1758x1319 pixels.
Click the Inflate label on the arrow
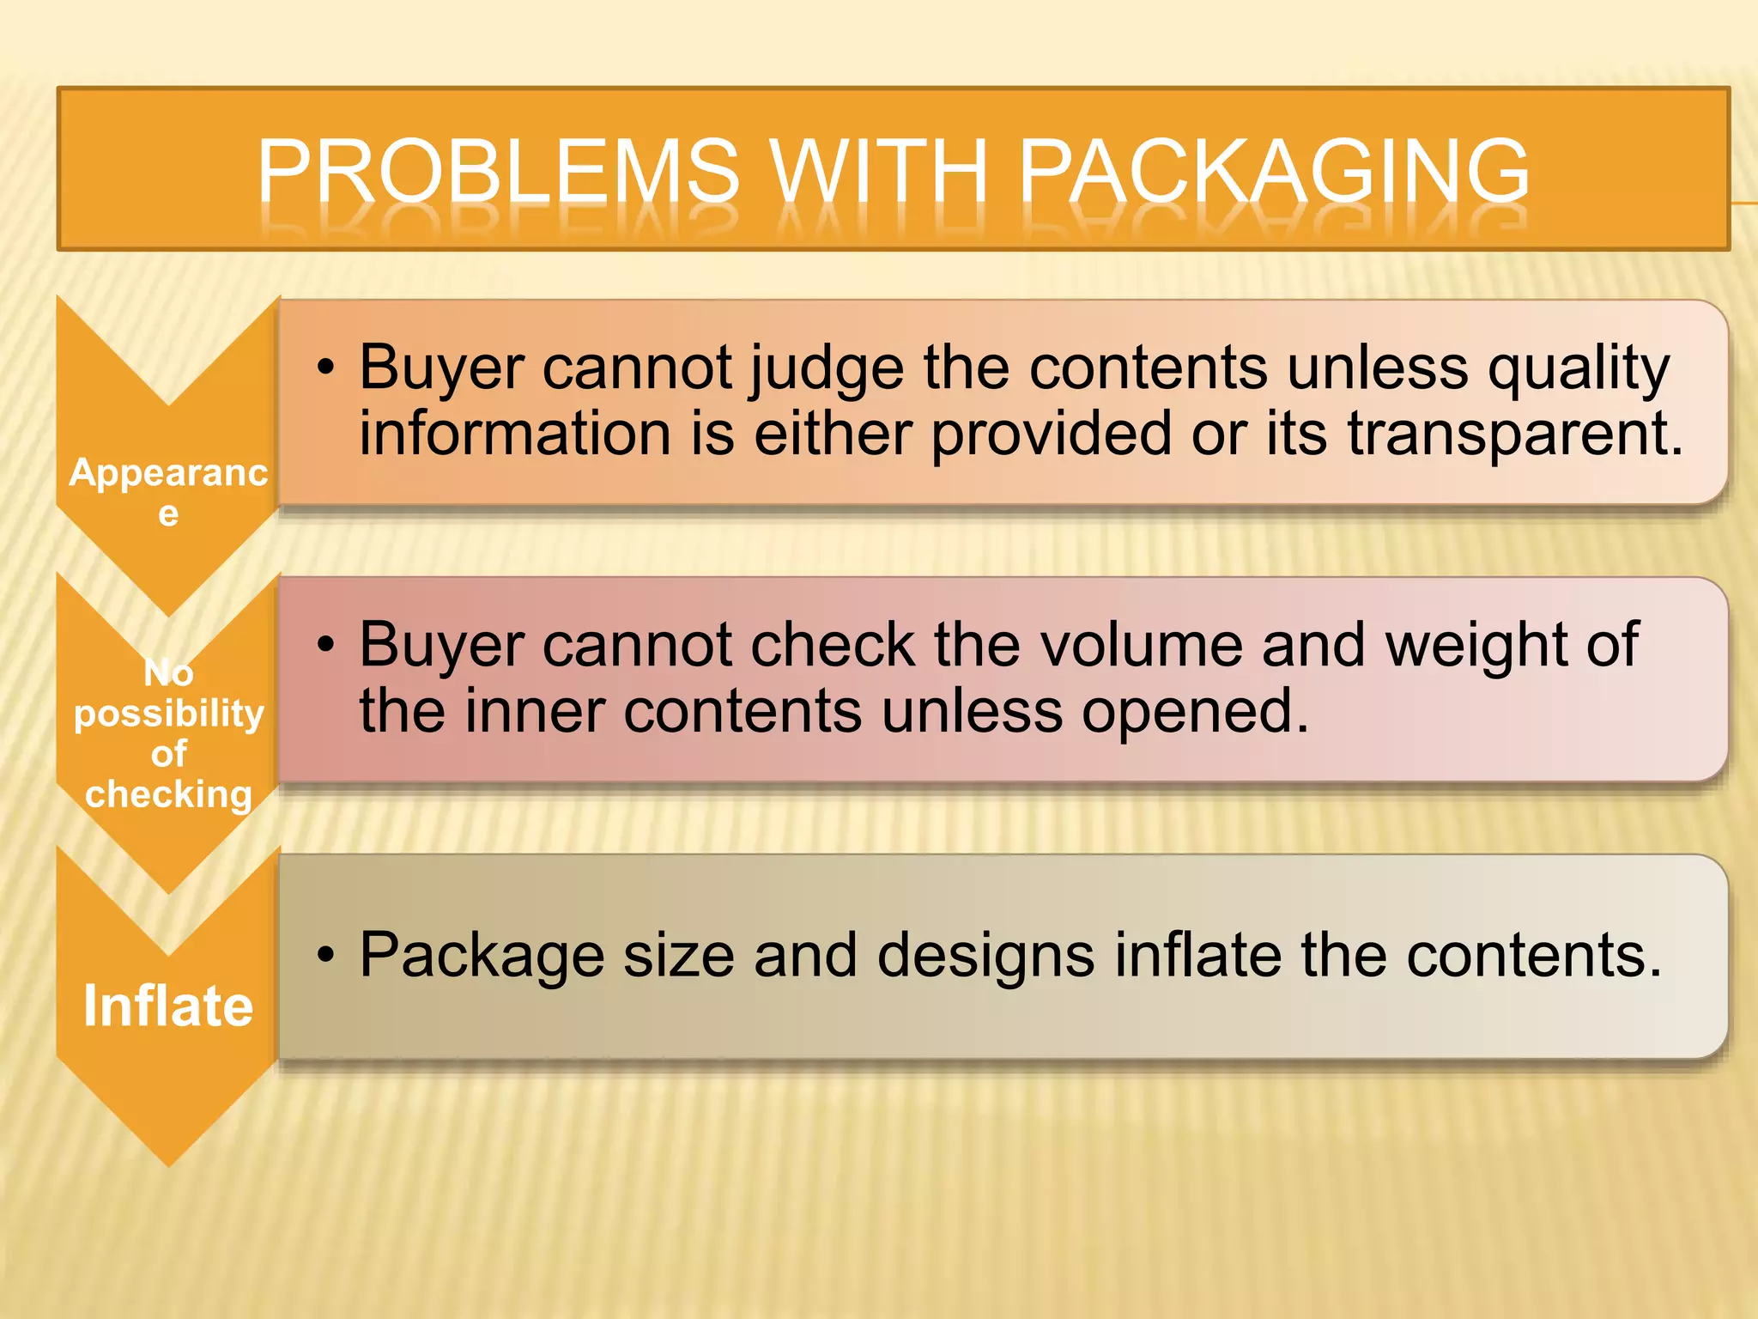tap(168, 1006)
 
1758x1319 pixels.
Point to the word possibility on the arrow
tap(169, 714)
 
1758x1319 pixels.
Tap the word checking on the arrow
tap(169, 794)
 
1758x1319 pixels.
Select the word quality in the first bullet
tap(1579, 368)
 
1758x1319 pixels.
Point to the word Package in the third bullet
tap(482, 956)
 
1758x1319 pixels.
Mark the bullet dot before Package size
tap(324, 955)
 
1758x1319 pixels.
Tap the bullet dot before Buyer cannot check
tap(324, 644)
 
